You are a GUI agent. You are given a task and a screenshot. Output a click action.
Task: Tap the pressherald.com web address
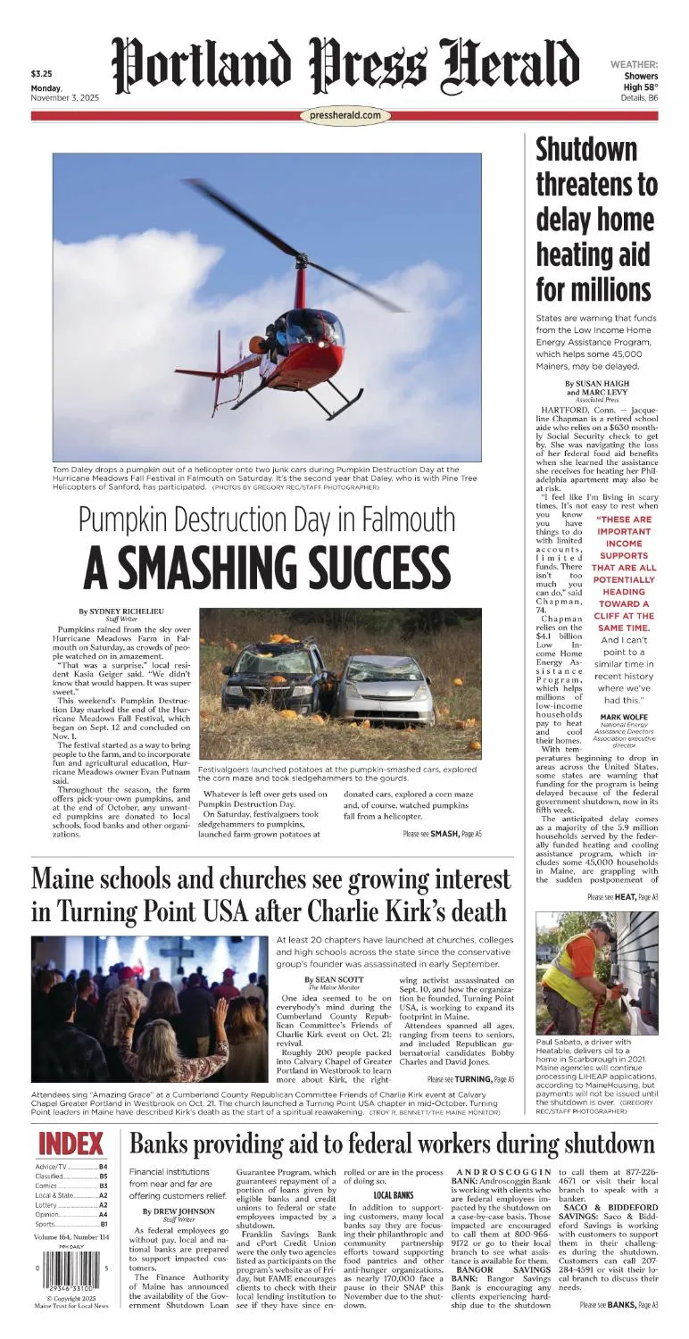(x=347, y=115)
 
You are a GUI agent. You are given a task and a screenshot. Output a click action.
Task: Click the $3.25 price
(x=41, y=74)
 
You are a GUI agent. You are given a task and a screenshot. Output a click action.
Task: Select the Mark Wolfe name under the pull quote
(x=623, y=717)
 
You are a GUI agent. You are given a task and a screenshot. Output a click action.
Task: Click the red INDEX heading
(x=71, y=1144)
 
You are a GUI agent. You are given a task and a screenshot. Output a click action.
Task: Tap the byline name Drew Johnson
(x=178, y=1210)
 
